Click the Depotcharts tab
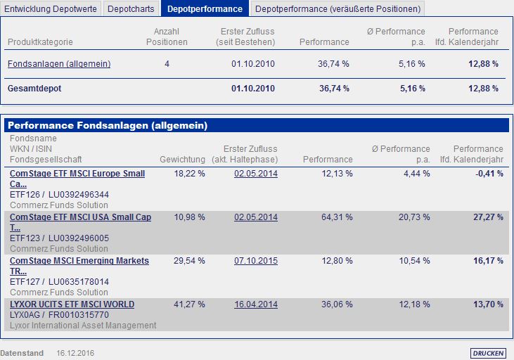pos(131,9)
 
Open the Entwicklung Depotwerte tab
pos(51,9)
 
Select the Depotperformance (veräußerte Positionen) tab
pos(338,9)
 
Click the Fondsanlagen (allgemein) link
pos(59,64)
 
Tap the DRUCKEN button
pos(487,353)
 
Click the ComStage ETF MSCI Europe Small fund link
pos(77,174)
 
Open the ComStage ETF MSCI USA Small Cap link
pos(81,217)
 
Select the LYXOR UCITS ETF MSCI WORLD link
pos(72,304)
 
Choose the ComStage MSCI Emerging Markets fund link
pos(79,261)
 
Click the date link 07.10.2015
pos(256,261)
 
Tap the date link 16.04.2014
pos(256,304)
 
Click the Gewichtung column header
pos(183,160)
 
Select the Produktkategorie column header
pos(40,42)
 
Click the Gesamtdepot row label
pos(34,89)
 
